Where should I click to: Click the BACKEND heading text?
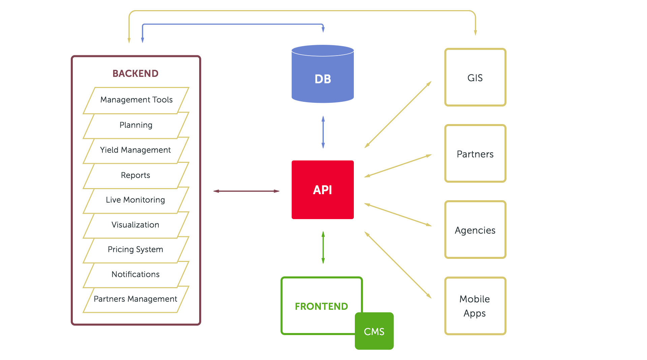pyautogui.click(x=135, y=73)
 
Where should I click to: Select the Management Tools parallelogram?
pyautogui.click(x=136, y=100)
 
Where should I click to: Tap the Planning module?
pyautogui.click(x=136, y=125)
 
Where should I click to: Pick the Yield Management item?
pyautogui.click(x=136, y=150)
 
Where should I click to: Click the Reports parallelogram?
pyautogui.click(x=136, y=175)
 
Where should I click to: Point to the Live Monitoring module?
pyautogui.click(x=136, y=200)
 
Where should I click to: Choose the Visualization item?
pyautogui.click(x=136, y=225)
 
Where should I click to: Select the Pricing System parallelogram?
pyautogui.click(x=136, y=250)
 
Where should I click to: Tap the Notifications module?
pyautogui.click(x=136, y=274)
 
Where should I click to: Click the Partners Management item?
pyautogui.click(x=136, y=299)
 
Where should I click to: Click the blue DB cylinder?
pyautogui.click(x=323, y=74)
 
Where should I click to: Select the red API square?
pyautogui.click(x=323, y=190)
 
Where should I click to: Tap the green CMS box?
pyautogui.click(x=374, y=331)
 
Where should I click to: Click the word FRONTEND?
pyautogui.click(x=321, y=306)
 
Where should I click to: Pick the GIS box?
pyautogui.click(x=475, y=77)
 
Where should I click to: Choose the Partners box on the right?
pyautogui.click(x=475, y=153)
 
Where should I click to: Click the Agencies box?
pyautogui.click(x=475, y=230)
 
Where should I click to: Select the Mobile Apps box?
pyautogui.click(x=475, y=306)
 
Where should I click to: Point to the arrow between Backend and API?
pyautogui.click(x=246, y=191)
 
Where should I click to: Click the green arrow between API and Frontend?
pyautogui.click(x=323, y=247)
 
